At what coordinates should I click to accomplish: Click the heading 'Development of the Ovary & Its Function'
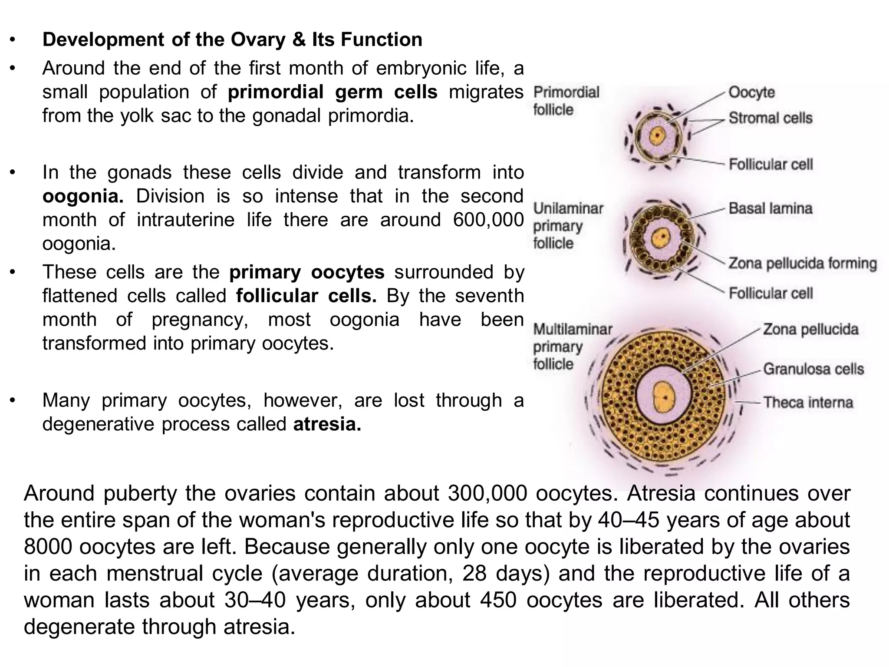pyautogui.click(x=232, y=40)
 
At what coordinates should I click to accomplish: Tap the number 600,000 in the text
pyautogui.click(x=488, y=220)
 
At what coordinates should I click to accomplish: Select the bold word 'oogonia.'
pyautogui.click(x=83, y=196)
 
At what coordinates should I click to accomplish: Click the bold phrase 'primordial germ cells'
pyautogui.click(x=333, y=92)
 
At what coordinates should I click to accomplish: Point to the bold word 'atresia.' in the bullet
pyautogui.click(x=327, y=424)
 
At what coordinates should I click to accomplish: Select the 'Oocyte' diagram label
pyautogui.click(x=751, y=92)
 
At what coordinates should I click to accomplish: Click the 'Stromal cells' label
pyautogui.click(x=770, y=118)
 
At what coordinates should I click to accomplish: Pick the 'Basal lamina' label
pyautogui.click(x=770, y=208)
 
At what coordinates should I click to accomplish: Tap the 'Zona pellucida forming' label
pyautogui.click(x=803, y=264)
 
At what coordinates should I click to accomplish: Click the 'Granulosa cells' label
pyautogui.click(x=813, y=369)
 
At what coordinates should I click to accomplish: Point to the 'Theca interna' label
pyautogui.click(x=808, y=403)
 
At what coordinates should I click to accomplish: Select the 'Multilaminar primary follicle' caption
pyautogui.click(x=572, y=347)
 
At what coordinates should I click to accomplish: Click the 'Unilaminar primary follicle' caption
pyautogui.click(x=568, y=226)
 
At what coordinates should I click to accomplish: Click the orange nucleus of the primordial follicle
pyautogui.click(x=658, y=136)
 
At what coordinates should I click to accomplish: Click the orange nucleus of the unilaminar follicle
pyautogui.click(x=662, y=238)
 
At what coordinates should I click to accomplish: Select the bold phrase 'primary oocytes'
pyautogui.click(x=306, y=272)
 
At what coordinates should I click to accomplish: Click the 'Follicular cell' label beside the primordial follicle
pyautogui.click(x=770, y=165)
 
